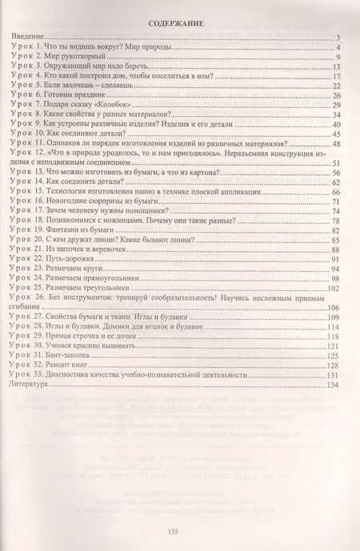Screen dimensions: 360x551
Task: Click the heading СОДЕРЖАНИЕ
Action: (x=180, y=24)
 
